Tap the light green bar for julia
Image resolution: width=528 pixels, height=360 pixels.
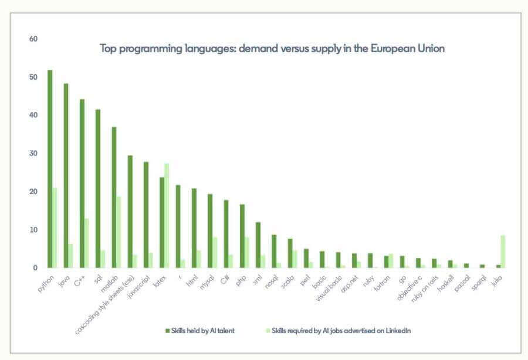pos(503,252)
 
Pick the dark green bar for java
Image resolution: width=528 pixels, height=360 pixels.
pos(66,176)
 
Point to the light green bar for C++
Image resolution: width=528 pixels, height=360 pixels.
pos(87,243)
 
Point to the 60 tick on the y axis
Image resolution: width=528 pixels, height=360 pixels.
pos(33,39)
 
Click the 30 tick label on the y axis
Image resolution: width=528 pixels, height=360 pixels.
pos(33,154)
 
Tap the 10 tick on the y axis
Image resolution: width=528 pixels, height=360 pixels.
pos(33,230)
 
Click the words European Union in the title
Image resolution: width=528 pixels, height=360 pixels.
pos(407,49)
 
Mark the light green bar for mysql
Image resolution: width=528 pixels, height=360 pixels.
pos(214,253)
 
